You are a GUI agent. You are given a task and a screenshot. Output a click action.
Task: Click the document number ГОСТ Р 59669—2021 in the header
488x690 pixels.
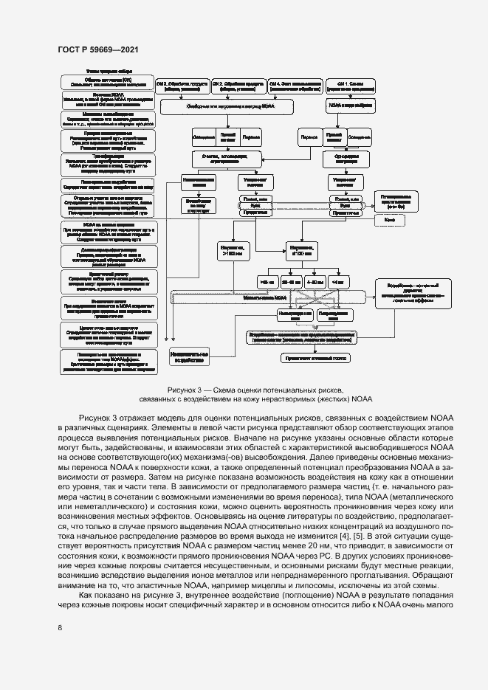pyautogui.click(x=97, y=49)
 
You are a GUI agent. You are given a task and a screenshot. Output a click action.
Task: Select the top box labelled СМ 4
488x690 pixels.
pyautogui.click(x=294, y=84)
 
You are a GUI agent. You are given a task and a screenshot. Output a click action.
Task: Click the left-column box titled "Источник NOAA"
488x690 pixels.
pyautogui.click(x=108, y=100)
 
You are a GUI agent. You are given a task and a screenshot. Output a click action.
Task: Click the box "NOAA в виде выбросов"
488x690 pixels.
pyautogui.click(x=344, y=106)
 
